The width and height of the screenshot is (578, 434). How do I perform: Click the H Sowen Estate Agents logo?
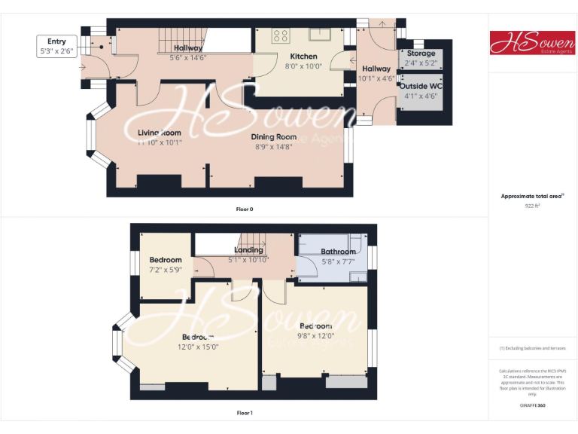click(x=532, y=42)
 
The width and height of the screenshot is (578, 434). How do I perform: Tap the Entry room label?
click(x=56, y=42)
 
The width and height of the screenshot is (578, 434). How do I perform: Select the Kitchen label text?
click(x=304, y=57)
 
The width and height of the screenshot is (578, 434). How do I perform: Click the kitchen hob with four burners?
click(x=281, y=35)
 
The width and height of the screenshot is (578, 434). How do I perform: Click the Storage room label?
click(x=421, y=53)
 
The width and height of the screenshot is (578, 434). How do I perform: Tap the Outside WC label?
click(x=421, y=86)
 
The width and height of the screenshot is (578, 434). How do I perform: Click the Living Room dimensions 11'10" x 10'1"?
click(x=160, y=142)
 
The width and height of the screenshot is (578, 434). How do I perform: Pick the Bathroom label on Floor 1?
click(x=338, y=252)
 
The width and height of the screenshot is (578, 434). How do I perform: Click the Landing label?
click(x=248, y=250)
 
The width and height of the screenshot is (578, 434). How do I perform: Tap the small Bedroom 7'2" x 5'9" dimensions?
click(x=165, y=270)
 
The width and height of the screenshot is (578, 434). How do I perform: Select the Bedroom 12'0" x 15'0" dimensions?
click(x=197, y=347)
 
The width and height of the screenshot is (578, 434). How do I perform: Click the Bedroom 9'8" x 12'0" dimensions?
click(x=315, y=336)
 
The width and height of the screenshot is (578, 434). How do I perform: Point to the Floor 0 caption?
click(x=245, y=209)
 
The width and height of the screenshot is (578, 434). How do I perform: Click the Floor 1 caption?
click(x=245, y=413)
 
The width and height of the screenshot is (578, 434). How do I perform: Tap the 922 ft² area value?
click(x=533, y=205)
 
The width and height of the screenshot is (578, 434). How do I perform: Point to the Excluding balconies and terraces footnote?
click(x=532, y=348)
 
